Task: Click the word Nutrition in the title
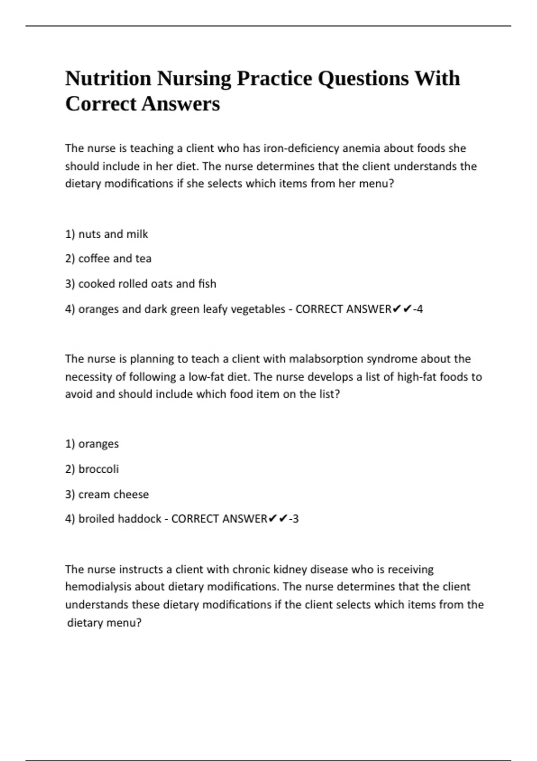[108, 79]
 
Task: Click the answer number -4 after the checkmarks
[418, 309]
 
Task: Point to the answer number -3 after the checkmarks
[294, 519]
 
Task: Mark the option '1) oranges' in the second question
[92, 444]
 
